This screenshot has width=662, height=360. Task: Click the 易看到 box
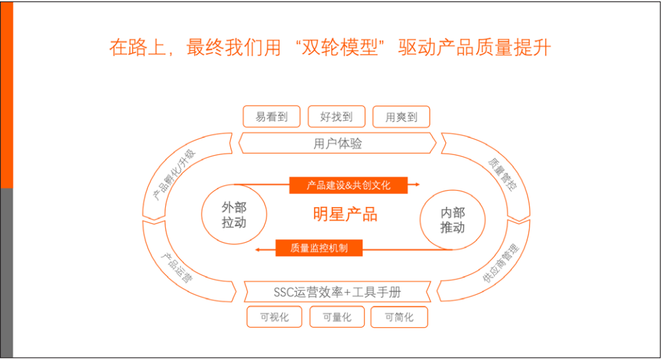(x=272, y=117)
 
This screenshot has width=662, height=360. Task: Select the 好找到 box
(x=336, y=117)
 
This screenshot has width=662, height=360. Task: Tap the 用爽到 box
(x=402, y=117)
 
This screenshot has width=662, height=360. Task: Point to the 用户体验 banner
(x=337, y=143)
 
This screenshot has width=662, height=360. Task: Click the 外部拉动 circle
(x=234, y=215)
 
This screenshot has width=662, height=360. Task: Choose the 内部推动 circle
(x=452, y=220)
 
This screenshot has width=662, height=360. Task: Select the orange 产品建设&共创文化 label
(x=348, y=185)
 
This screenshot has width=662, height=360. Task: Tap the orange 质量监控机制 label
(x=319, y=248)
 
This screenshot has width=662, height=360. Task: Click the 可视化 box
(x=275, y=317)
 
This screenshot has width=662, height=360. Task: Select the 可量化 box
(x=336, y=317)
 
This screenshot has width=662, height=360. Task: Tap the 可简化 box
(x=399, y=317)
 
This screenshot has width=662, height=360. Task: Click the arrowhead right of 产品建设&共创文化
(x=415, y=184)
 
